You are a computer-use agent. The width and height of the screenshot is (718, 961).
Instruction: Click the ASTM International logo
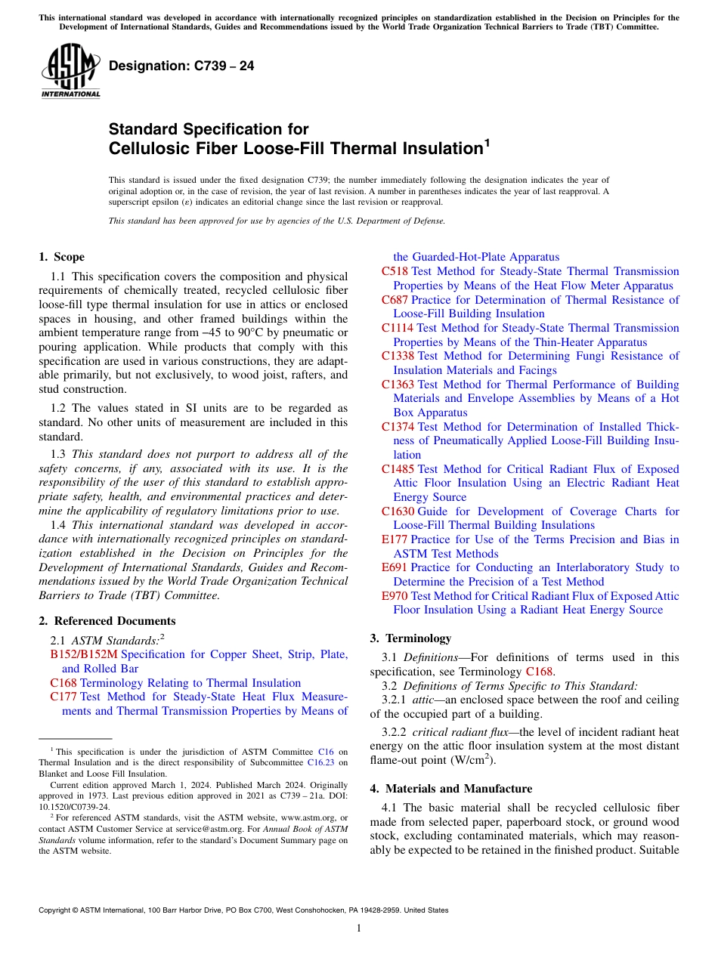coord(70,71)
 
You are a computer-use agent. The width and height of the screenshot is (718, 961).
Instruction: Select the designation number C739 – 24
coord(181,66)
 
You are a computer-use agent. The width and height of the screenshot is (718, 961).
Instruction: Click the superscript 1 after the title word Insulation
coord(487,142)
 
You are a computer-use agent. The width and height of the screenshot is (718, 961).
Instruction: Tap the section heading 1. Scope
coord(62,257)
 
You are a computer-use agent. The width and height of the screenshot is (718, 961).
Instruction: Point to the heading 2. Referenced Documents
coord(107,621)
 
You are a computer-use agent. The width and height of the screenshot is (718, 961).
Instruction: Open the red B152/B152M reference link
coord(83,654)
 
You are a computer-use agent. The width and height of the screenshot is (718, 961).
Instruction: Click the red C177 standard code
coord(63,697)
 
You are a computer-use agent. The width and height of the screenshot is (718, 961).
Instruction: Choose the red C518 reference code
coord(395,271)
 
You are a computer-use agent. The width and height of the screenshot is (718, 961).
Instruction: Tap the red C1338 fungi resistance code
coord(398,356)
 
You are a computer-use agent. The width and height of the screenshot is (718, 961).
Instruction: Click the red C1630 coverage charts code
coord(398,511)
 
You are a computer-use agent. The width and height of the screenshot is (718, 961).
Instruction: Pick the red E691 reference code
coord(395,567)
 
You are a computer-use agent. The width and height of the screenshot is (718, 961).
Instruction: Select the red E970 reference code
coord(395,596)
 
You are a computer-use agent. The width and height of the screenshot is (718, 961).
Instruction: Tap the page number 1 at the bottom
coord(359,928)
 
